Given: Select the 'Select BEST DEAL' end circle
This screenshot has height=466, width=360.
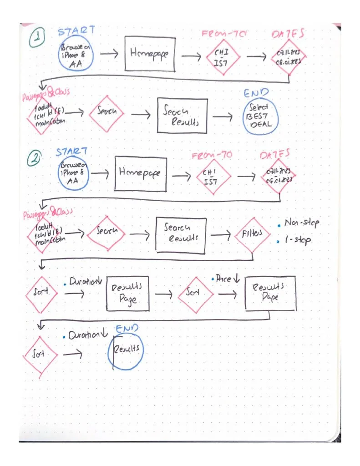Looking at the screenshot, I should click(260, 116).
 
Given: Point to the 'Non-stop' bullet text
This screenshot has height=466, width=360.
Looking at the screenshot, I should click(301, 223).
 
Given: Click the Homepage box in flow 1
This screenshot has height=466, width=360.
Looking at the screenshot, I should click(149, 53).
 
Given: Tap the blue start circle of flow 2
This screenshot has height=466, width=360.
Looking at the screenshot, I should click(72, 172).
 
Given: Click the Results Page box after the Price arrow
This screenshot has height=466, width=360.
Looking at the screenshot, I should click(269, 293).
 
